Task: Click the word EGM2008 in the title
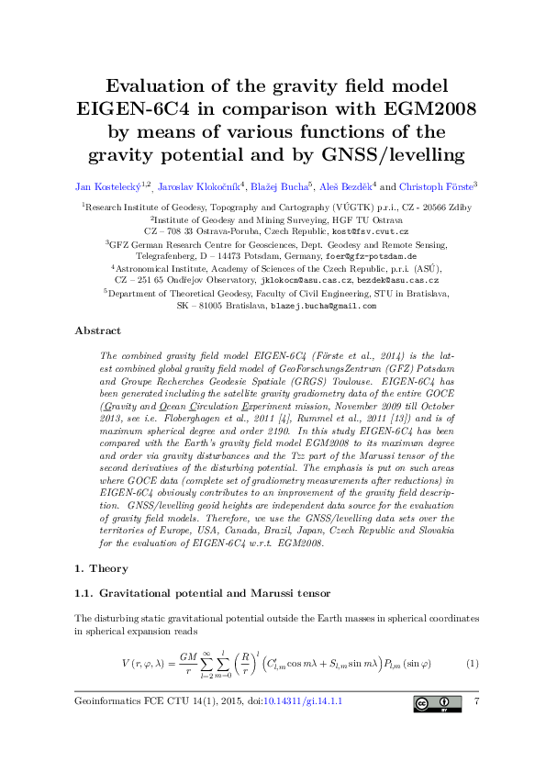pos(424,109)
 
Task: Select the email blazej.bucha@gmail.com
pos(324,306)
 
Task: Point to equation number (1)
pos(473,663)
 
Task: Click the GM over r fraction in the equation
pos(189,664)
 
